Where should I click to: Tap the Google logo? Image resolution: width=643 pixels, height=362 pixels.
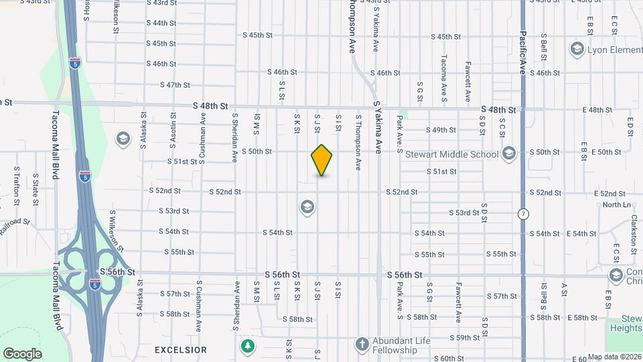pos(22,353)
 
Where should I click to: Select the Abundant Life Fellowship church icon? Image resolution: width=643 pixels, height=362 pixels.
pos(362,344)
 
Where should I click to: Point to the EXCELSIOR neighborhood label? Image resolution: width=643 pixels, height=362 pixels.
pos(180,350)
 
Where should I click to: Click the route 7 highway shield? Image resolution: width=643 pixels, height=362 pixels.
pos(522,214)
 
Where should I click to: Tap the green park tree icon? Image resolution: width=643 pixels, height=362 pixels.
pos(248,346)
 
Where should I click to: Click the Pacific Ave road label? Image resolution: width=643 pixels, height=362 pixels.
pos(522,48)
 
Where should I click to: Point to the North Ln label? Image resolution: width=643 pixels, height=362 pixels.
pos(617,204)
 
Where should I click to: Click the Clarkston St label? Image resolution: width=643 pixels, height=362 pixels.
pos(634,232)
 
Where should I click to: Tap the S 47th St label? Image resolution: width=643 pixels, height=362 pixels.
pos(175,85)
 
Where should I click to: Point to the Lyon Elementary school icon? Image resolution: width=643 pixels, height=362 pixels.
pos(576,49)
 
